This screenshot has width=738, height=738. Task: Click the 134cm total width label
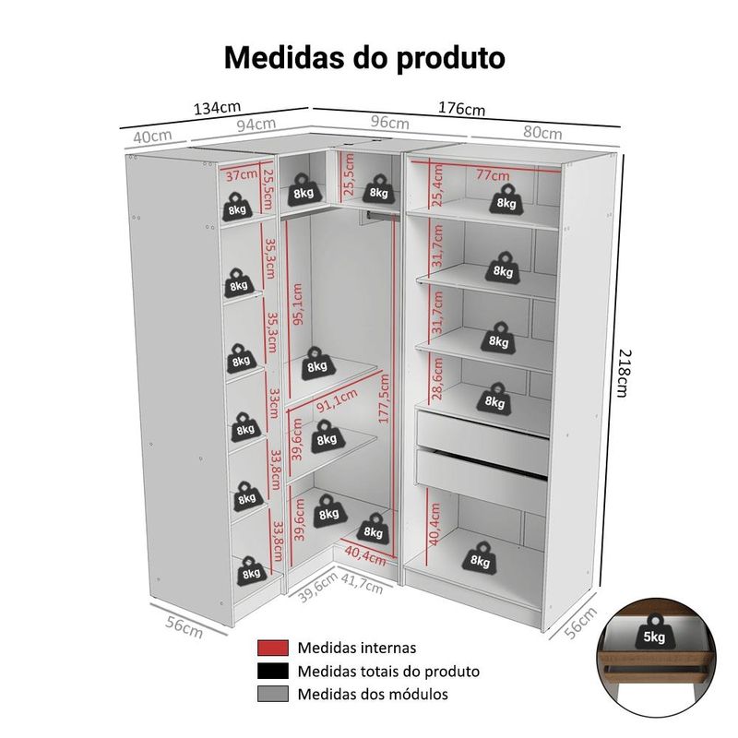click(217, 108)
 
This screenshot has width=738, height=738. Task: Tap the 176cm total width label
click(462, 108)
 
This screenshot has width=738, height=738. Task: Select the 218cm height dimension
click(624, 374)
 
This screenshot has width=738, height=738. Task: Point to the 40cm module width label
click(152, 137)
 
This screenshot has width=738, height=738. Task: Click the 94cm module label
click(256, 125)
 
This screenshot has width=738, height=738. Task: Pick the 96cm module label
click(389, 123)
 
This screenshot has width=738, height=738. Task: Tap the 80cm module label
click(542, 133)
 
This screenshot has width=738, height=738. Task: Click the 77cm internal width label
click(493, 174)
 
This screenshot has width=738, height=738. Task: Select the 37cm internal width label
click(242, 175)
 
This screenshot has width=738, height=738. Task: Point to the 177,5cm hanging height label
click(384, 399)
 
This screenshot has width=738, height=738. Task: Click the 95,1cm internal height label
click(298, 304)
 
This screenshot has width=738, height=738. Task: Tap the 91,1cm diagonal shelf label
click(337, 400)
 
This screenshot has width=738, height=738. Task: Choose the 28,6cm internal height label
click(437, 378)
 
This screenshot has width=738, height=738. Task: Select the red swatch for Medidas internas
click(272, 648)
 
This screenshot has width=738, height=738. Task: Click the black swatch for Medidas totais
click(272, 671)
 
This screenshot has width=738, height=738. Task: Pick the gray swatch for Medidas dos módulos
click(272, 694)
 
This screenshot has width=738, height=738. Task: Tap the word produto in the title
click(450, 58)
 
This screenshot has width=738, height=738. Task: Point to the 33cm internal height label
click(273, 403)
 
